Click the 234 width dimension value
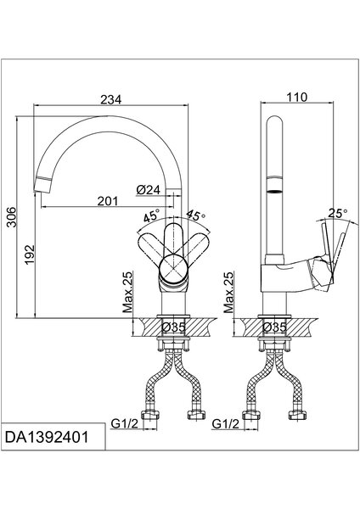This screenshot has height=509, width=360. click(110, 99)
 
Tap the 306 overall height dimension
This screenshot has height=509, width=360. click(11, 216)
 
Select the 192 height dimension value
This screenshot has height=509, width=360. click(30, 255)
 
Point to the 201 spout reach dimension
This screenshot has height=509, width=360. click(108, 201)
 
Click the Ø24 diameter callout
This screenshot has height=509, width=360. click(149, 189)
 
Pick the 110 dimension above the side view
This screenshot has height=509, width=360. click(296, 97)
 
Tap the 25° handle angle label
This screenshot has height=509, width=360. click(338, 213)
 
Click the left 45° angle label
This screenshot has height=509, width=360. click(152, 215)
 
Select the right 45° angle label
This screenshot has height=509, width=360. click(195, 215)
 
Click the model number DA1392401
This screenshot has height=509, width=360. click(47, 437)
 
